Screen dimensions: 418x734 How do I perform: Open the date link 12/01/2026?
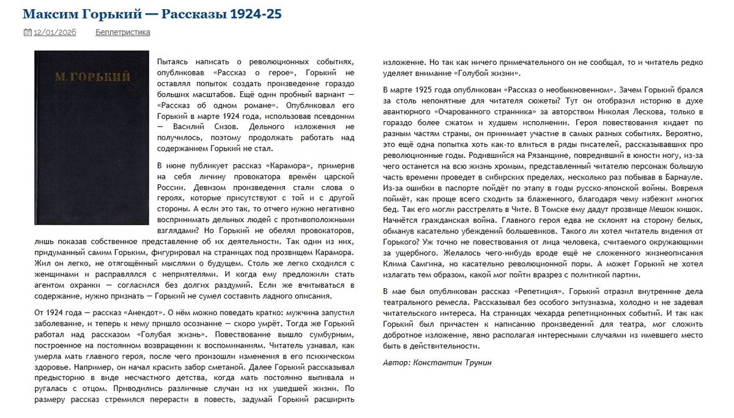click(54, 32)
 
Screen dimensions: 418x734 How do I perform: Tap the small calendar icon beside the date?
click(27, 32)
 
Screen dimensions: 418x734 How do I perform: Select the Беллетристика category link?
click(122, 32)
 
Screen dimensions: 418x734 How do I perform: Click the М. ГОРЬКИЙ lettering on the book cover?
click(92, 77)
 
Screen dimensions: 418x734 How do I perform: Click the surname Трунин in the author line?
click(474, 362)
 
